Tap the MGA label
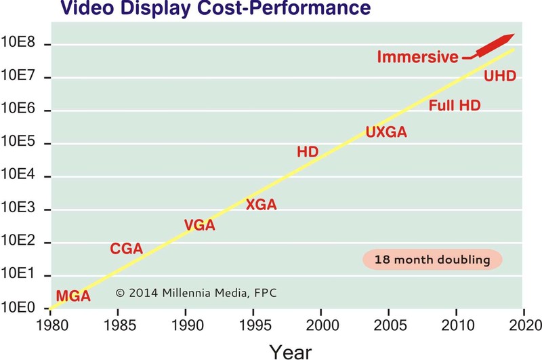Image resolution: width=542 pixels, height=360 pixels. point(72,296)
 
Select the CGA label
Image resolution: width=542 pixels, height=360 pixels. point(126,249)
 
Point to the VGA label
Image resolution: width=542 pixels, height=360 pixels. point(199,225)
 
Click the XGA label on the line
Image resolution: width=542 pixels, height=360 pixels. point(261,204)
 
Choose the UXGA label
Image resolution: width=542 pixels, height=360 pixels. point(386,132)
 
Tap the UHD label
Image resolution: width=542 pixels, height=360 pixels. point(500,75)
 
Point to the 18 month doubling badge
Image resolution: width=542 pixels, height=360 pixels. point(432,260)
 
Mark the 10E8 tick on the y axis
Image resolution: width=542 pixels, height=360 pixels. point(24,45)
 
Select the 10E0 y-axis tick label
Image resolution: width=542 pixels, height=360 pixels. point(24,308)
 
